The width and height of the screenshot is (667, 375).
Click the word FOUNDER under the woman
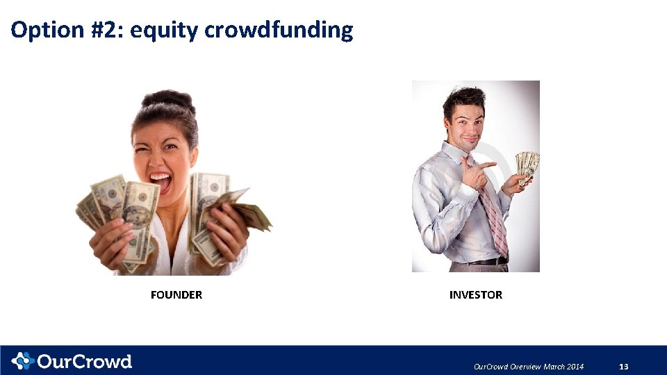click(x=176, y=295)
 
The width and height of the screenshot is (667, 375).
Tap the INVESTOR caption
click(x=475, y=295)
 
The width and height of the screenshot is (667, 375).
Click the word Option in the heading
click(x=46, y=30)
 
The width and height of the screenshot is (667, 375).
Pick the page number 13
click(x=623, y=367)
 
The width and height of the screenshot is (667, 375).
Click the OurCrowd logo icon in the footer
click(x=22, y=361)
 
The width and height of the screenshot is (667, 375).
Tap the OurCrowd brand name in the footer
click(x=84, y=362)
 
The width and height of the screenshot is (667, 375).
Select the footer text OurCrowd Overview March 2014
click(x=528, y=367)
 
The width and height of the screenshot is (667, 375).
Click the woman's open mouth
click(x=160, y=183)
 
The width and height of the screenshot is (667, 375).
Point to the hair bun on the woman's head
click(x=167, y=100)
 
